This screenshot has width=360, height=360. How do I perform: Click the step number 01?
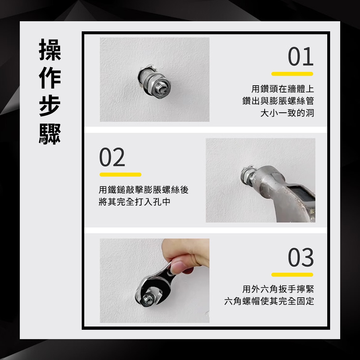click(301, 57)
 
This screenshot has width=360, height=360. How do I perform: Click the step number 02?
click(112, 158)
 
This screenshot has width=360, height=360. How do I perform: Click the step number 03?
click(301, 257)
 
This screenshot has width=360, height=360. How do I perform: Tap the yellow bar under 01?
click(292, 74)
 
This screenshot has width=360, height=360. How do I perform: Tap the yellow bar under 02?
click(120, 175)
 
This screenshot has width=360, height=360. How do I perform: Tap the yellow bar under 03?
click(292, 275)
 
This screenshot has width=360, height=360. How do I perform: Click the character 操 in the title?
click(50, 50)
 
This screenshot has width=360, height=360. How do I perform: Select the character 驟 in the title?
click(50, 134)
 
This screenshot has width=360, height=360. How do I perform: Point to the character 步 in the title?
click(50, 106)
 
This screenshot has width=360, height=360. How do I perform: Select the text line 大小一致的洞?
click(287, 113)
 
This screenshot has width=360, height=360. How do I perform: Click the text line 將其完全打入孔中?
click(135, 202)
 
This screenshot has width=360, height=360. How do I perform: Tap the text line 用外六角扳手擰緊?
click(278, 289)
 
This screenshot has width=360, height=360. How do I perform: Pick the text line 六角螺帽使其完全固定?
click(269, 301)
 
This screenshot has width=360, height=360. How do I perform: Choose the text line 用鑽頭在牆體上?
click(283, 89)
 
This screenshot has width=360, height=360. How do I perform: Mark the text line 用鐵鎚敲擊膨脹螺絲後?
click(144, 190)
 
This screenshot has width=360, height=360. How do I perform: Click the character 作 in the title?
click(50, 78)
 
